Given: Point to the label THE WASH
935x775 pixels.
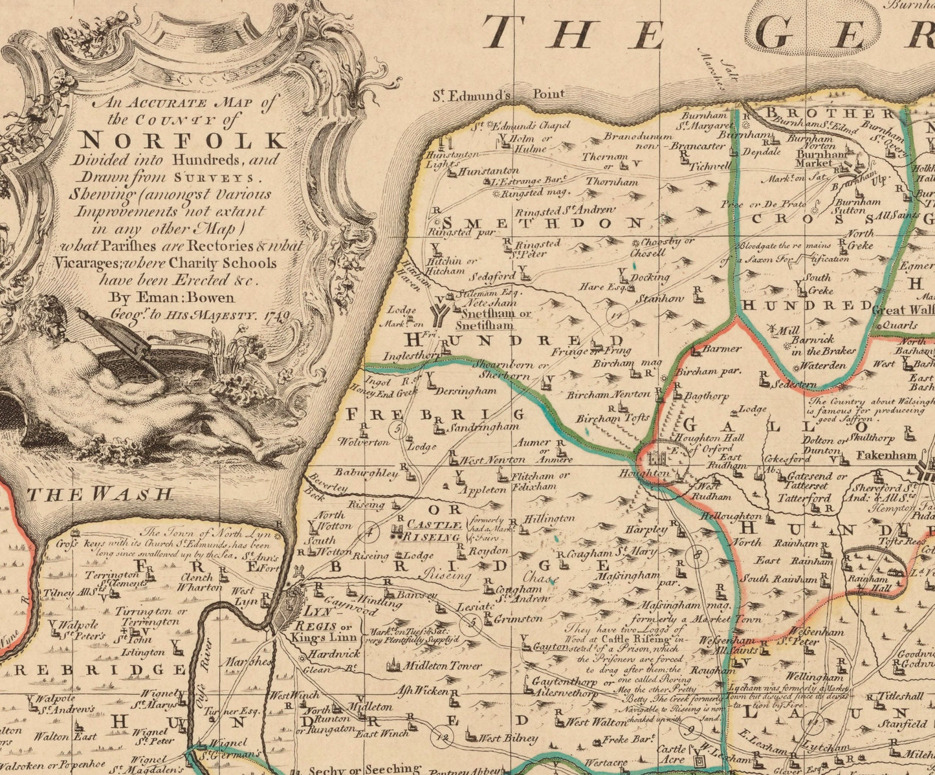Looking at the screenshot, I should click(x=100, y=495).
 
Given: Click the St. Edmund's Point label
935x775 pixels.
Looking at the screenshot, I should click(x=498, y=94).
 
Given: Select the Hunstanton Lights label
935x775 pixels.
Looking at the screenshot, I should click(x=452, y=159).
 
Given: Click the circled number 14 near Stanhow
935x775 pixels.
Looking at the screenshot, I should click(x=618, y=315).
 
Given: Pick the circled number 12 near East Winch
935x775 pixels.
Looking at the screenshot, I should click(x=443, y=736).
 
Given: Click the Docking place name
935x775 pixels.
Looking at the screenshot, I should click(x=650, y=277).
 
